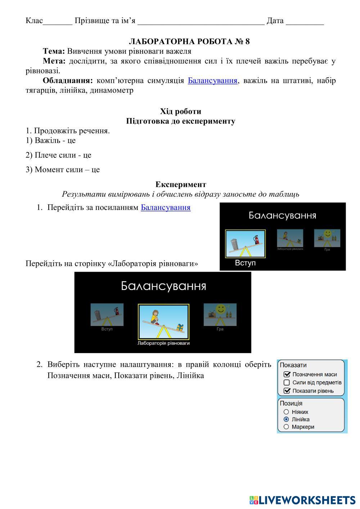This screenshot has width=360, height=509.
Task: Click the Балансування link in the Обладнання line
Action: [212, 80]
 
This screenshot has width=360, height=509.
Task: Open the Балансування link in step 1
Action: [165, 207]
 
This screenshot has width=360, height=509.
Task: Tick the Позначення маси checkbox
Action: [287, 374]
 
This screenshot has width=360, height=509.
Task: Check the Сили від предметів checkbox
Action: [287, 383]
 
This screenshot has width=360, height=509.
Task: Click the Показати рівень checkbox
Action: [287, 391]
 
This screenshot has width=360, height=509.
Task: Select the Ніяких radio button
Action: [286, 412]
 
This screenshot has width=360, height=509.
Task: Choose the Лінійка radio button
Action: [286, 419]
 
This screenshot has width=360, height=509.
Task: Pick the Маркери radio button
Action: [286, 427]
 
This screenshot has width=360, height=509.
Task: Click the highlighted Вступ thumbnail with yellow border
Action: [245, 244]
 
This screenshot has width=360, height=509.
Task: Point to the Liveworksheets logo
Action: [302, 500]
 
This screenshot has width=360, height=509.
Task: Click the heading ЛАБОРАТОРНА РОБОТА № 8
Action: [189, 41]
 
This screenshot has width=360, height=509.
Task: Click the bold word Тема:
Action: [54, 51]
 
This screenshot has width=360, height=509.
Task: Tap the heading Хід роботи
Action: [180, 111]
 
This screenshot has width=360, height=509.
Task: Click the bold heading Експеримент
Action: [181, 184]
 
